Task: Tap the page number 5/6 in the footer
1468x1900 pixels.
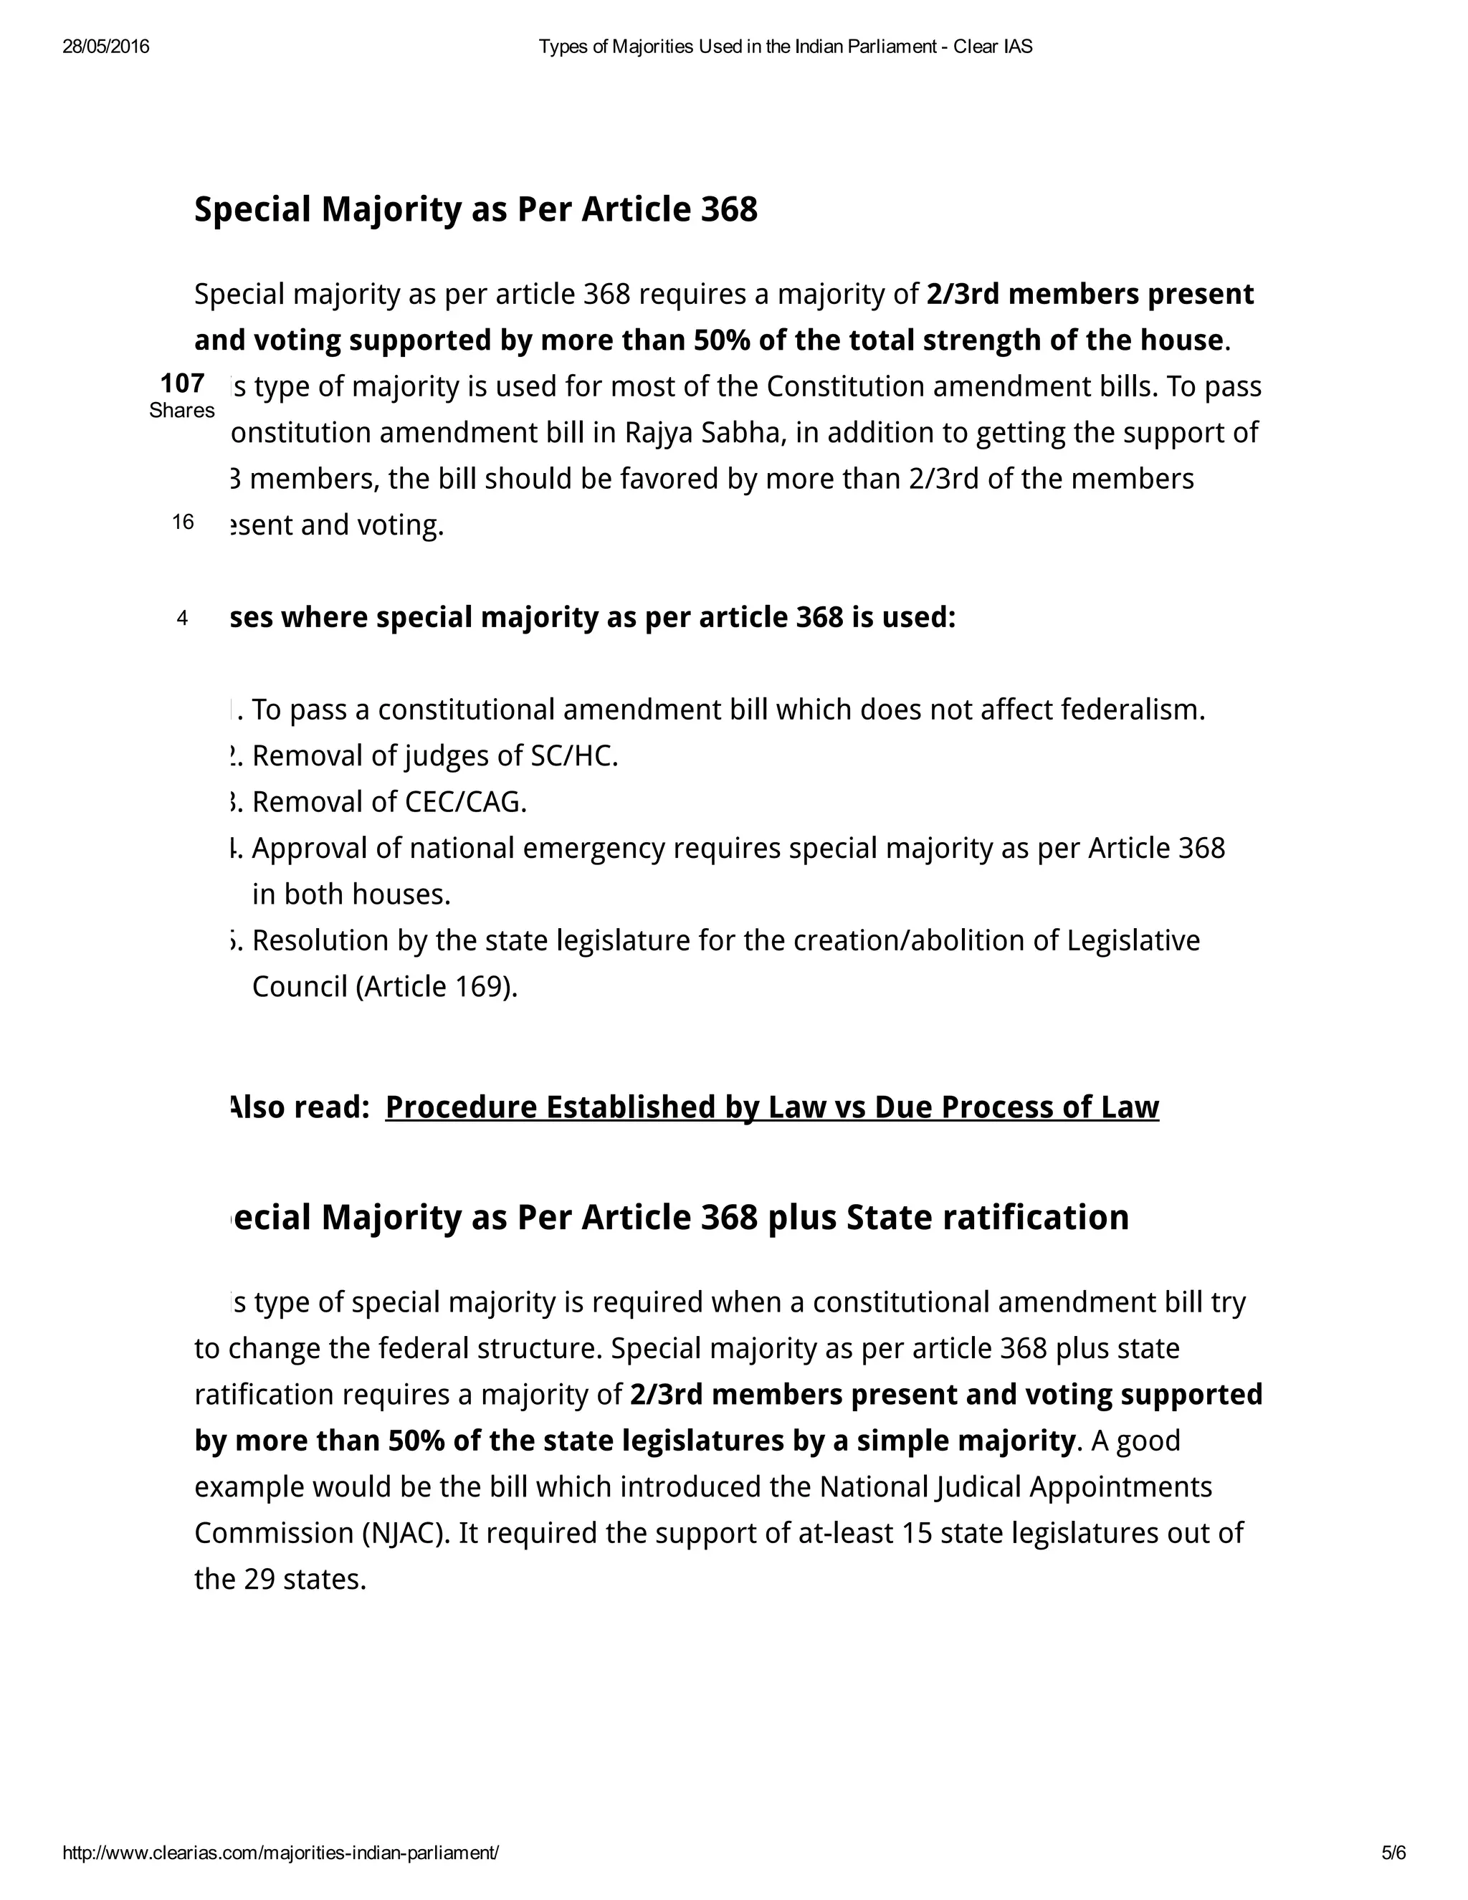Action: pos(1393,1853)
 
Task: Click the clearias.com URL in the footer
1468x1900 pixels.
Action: pos(280,1853)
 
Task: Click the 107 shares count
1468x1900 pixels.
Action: pos(182,383)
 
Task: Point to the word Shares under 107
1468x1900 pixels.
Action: pos(181,411)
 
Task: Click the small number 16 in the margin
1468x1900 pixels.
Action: pos(182,522)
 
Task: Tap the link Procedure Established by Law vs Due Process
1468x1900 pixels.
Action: pos(772,1107)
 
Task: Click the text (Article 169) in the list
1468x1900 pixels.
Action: pos(437,986)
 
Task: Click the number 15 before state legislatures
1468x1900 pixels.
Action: pos(917,1533)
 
